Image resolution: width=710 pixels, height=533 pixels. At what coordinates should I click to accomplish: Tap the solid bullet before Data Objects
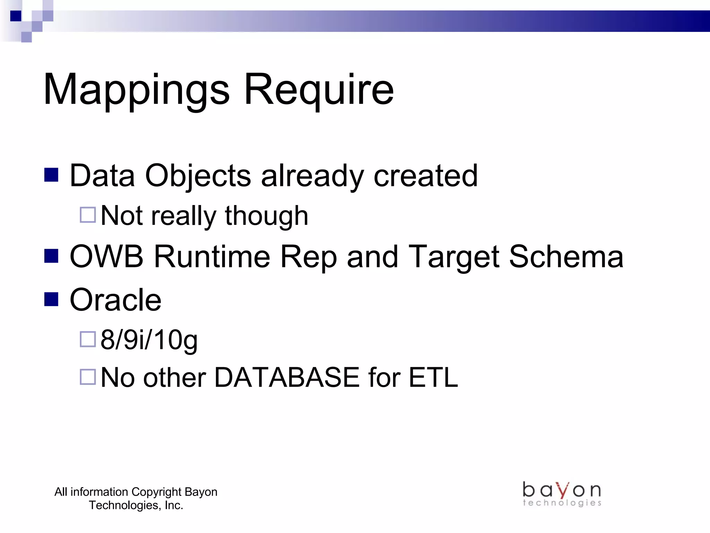(51, 175)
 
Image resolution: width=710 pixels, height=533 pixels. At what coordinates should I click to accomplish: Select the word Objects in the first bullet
(198, 176)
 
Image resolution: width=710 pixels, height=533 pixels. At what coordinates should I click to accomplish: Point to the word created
(425, 176)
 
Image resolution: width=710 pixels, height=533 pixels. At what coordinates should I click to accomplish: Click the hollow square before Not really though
(88, 215)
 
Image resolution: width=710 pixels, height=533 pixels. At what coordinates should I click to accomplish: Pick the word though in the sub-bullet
(266, 216)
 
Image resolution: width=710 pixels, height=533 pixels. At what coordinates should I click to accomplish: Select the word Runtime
(212, 257)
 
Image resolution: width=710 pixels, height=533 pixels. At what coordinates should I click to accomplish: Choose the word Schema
(566, 257)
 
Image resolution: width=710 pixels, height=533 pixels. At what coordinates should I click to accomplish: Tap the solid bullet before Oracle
(51, 299)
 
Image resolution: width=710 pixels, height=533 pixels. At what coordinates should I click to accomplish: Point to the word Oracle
(115, 300)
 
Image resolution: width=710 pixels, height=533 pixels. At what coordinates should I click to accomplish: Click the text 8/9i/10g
(149, 340)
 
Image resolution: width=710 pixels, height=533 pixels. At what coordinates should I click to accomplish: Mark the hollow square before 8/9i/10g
(88, 339)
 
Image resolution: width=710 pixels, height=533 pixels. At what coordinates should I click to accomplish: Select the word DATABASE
(287, 378)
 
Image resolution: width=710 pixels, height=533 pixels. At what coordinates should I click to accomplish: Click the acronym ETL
(433, 378)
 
